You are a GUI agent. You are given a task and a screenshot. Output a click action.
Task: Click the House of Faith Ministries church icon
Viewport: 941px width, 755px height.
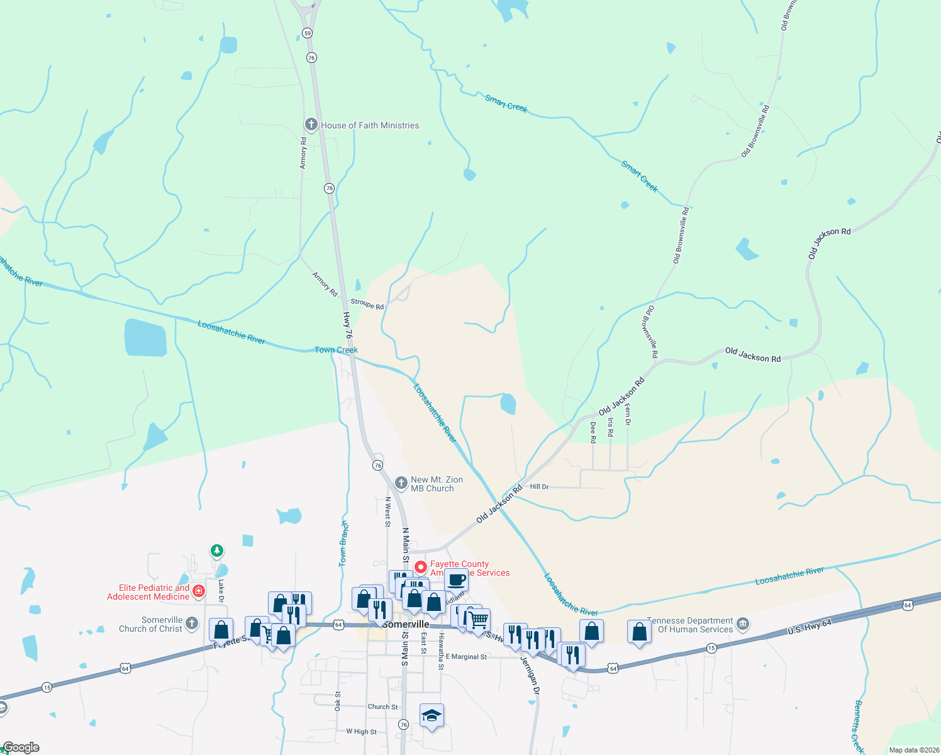(x=310, y=124)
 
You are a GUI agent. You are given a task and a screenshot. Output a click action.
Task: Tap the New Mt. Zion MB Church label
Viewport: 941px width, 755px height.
(x=437, y=484)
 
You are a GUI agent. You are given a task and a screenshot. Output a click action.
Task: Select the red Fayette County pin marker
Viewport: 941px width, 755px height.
(x=421, y=568)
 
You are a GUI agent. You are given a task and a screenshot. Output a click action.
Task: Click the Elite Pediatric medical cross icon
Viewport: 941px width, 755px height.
(x=199, y=591)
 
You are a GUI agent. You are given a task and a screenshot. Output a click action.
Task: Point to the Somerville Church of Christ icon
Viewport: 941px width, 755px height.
(x=192, y=624)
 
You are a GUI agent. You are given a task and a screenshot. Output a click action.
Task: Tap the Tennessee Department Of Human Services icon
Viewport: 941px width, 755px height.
(x=743, y=624)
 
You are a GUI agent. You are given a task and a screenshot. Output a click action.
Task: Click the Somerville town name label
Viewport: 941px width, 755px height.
(x=406, y=624)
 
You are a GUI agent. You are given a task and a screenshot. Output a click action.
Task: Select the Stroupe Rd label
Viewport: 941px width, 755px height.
(x=367, y=305)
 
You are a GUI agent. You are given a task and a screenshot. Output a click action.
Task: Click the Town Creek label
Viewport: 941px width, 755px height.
(x=336, y=350)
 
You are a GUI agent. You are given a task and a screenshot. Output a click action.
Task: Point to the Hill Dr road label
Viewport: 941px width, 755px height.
(x=539, y=486)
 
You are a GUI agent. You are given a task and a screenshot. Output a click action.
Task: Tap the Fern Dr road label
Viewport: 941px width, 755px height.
(x=627, y=415)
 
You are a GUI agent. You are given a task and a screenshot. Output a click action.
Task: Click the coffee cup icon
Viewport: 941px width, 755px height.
(x=457, y=579)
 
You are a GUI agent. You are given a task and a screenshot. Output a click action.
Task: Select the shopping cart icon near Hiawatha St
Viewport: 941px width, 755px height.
(x=479, y=620)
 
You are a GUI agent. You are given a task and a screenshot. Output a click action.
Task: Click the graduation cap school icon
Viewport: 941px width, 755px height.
(x=432, y=715)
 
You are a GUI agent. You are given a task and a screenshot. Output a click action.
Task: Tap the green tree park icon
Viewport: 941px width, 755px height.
(x=217, y=551)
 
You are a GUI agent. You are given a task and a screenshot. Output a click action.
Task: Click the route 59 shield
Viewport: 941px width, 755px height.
(x=307, y=33)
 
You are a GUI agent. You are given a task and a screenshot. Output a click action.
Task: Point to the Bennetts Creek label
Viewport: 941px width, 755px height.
(x=859, y=727)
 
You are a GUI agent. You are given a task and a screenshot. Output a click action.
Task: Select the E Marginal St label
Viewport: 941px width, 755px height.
(x=466, y=657)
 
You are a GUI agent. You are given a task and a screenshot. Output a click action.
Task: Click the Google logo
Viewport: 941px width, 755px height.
(x=21, y=747)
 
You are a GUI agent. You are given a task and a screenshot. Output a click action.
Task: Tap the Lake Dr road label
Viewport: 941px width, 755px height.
(x=221, y=591)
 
